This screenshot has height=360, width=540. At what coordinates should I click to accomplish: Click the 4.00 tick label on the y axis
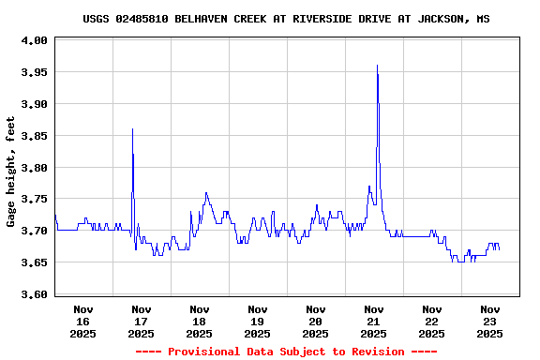(36, 40)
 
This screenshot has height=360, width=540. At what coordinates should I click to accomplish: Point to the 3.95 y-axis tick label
(36, 72)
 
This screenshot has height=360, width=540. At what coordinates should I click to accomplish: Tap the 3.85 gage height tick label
(36, 136)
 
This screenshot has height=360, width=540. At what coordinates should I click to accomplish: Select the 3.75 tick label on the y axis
(36, 199)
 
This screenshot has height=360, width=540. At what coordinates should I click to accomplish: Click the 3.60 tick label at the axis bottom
(36, 294)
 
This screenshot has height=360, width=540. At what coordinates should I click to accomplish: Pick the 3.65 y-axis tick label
(36, 262)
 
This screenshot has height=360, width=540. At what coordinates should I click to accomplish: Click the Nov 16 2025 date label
(82, 322)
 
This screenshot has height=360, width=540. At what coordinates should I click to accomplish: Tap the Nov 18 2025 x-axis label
(199, 322)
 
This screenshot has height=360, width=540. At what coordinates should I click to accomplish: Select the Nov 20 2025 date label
(315, 322)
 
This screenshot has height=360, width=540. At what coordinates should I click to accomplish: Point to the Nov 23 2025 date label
(489, 322)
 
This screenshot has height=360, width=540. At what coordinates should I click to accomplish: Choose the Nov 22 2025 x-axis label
(431, 322)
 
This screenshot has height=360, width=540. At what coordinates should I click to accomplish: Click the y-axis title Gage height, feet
(11, 172)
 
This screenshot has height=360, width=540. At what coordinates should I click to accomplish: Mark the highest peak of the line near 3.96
(377, 66)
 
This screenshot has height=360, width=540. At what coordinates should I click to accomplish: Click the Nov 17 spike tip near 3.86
(132, 129)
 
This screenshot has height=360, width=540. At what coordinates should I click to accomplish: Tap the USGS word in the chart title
(97, 19)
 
